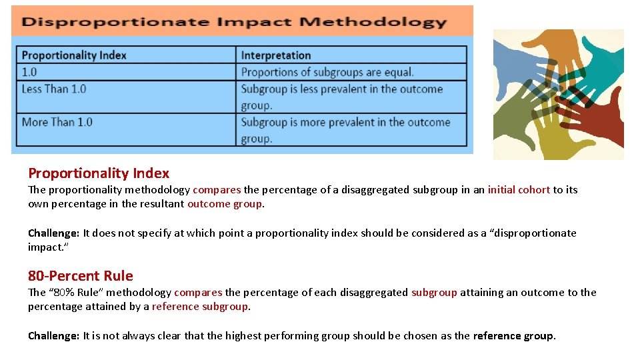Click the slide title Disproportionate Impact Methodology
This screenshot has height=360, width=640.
click(233, 21)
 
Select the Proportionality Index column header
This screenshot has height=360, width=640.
click(74, 55)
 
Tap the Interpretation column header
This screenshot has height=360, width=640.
click(276, 55)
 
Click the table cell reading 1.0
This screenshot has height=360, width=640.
click(29, 72)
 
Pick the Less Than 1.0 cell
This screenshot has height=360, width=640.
click(54, 89)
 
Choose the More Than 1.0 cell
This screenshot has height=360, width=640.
click(57, 122)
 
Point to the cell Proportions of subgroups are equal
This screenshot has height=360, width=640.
click(327, 72)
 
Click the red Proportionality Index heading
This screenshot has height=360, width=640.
click(99, 173)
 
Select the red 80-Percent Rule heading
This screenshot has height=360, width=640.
click(81, 276)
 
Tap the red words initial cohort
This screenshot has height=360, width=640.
click(519, 190)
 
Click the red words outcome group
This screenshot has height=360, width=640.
click(225, 204)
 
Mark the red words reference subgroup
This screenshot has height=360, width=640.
click(200, 307)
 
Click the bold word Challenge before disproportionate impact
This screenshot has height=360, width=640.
click(53, 233)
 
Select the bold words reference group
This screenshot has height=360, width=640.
click(513, 336)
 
